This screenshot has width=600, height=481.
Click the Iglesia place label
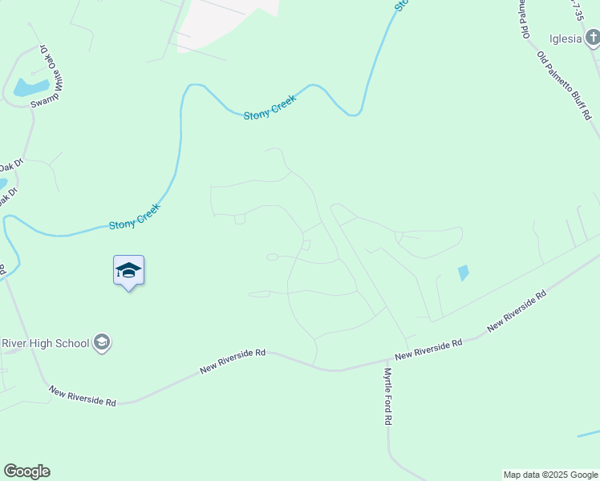click(565, 39)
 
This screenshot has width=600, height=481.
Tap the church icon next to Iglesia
click(591, 38)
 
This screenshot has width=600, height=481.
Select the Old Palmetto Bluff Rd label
click(564, 85)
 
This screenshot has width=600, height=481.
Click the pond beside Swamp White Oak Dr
click(30, 87)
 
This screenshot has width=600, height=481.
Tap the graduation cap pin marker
click(128, 271)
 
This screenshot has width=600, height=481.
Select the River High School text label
click(45, 343)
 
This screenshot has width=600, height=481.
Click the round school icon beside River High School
click(102, 343)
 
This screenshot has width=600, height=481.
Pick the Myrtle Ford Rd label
click(387, 396)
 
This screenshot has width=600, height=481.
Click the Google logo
click(26, 471)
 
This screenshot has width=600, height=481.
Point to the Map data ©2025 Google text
click(549, 475)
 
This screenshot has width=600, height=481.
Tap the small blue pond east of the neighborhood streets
click(463, 273)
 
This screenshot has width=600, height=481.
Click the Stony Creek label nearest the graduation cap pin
click(135, 216)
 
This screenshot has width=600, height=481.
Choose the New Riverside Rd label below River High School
click(82, 396)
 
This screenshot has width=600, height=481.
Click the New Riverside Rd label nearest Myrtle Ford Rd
click(429, 349)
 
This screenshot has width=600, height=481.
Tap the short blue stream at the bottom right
click(588, 434)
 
